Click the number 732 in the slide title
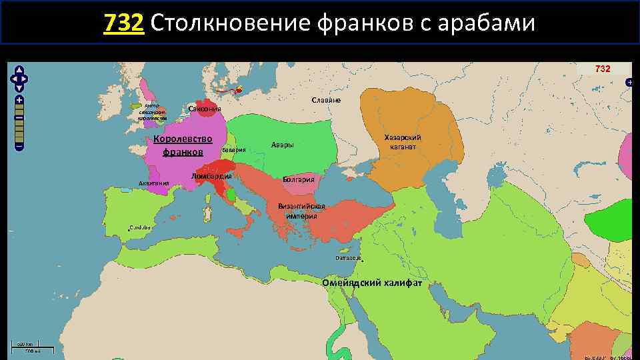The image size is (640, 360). click(x=124, y=23)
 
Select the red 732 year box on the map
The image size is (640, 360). click(x=603, y=69)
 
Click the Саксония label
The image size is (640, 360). click(x=205, y=109)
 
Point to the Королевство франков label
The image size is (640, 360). click(x=182, y=145)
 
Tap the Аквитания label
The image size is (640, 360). click(x=153, y=183)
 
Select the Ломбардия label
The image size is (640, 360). click(x=211, y=176)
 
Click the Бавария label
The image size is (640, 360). click(x=234, y=150)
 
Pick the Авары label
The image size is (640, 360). click(x=283, y=145)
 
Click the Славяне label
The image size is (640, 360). click(x=326, y=100)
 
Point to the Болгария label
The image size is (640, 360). click(x=303, y=179)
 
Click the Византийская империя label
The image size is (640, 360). click(x=306, y=211)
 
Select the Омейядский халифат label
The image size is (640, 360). click(x=381, y=283)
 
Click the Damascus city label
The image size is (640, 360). click(x=348, y=257)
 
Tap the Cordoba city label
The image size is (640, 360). click(x=141, y=227)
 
